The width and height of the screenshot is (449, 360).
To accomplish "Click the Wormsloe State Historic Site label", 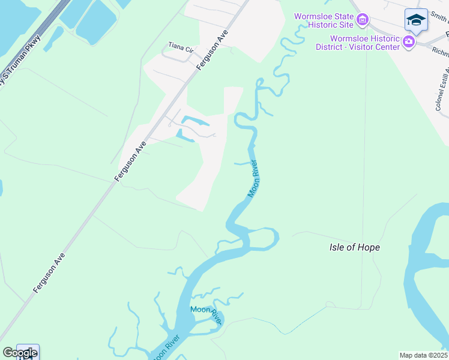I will (x=324, y=21).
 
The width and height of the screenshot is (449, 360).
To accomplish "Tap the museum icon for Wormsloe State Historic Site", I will (x=362, y=21).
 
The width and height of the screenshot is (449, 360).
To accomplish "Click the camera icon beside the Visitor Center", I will (x=409, y=41).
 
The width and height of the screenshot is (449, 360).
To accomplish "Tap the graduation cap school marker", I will (x=415, y=20).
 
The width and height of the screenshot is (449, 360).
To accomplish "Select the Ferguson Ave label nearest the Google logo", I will (x=49, y=272).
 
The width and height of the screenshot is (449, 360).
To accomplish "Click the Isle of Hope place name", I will (x=355, y=247).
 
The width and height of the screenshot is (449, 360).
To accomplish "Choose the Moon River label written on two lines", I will (x=206, y=314).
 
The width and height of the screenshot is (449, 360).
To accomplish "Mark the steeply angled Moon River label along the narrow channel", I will (x=254, y=179).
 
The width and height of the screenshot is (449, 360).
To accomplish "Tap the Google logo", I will (x=20, y=353).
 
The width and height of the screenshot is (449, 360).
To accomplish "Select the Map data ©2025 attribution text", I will (x=424, y=355).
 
